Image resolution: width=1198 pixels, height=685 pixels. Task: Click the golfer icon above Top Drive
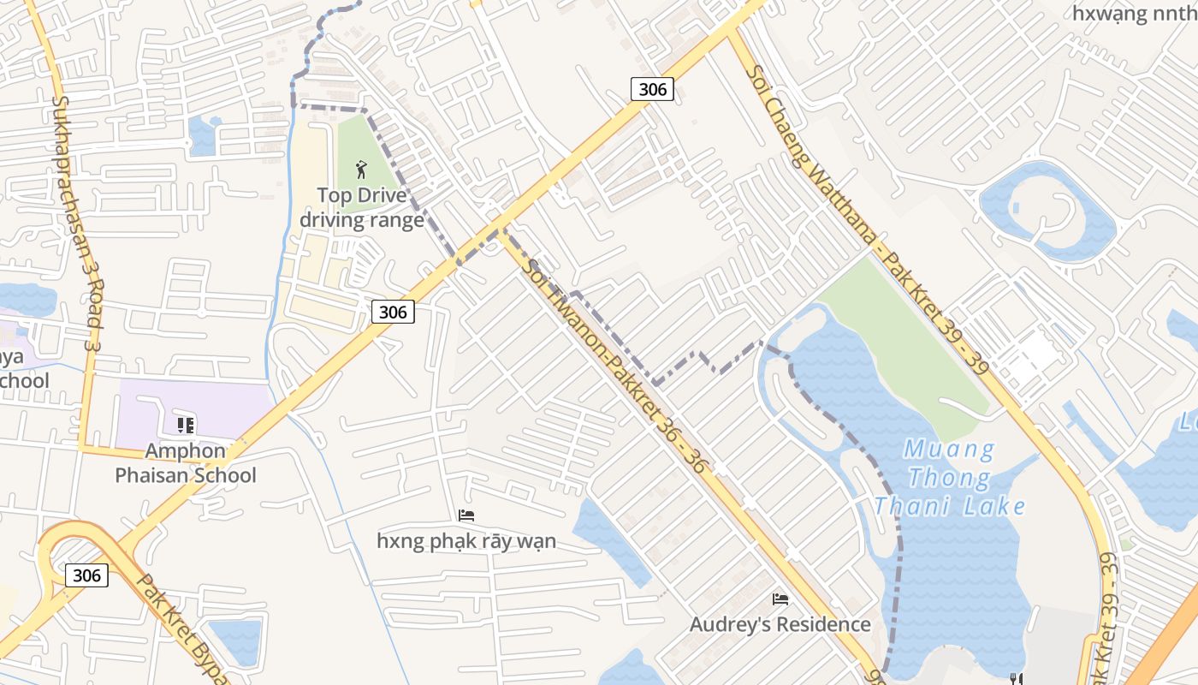pos(360,168)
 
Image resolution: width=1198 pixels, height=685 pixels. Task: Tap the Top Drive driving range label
pos(361,208)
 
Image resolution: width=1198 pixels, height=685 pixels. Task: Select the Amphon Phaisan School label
pos(186,463)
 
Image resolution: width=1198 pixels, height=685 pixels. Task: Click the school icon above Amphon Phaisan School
pos(186,425)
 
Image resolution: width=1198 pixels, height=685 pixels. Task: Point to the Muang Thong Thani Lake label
pos(950,477)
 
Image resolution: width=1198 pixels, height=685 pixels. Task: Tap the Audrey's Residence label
pos(780,624)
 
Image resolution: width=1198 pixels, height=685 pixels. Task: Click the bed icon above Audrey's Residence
pos(780,599)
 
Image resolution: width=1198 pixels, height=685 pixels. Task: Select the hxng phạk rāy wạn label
pos(466,540)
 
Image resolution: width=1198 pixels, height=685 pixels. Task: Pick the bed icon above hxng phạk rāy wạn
pos(466,515)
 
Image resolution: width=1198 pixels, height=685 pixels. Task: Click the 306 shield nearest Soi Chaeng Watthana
pos(653,88)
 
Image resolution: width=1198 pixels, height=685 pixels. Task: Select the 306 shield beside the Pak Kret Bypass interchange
pos(86,575)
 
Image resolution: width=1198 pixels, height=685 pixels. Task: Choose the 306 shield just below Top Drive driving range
pos(393,312)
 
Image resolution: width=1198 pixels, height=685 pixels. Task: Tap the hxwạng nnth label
pos(1134,13)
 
